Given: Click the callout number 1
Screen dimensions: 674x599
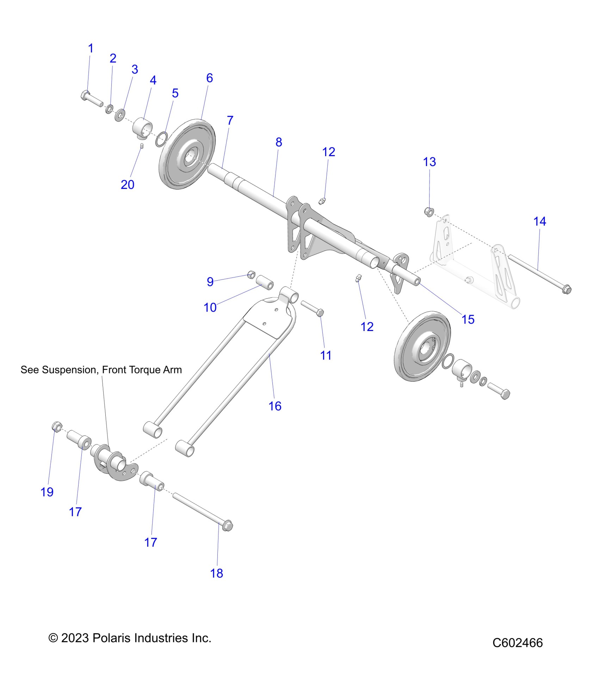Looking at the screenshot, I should coord(91,49).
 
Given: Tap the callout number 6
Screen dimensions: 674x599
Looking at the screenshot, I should coord(209,78).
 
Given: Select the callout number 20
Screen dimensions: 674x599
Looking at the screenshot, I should coord(128,185).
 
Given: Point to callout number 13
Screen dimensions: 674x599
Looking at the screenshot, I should coord(430,162).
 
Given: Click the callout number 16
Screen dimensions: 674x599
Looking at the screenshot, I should coord(275,406).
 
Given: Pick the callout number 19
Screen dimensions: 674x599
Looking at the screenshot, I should coord(47,492).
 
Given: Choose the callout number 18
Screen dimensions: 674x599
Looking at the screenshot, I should coord(217,574).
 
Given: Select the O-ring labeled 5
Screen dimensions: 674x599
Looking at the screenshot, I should coord(161,139).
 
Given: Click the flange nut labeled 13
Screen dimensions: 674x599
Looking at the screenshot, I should coord(429,212).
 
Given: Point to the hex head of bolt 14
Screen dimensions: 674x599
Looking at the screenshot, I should coord(566,290).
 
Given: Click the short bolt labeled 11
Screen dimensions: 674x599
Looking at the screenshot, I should coord(312,308).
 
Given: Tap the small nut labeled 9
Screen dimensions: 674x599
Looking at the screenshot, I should coord(252,275).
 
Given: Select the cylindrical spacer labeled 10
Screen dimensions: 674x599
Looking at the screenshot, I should coord(265,282).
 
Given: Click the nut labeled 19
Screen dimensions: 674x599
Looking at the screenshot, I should coord(57,427).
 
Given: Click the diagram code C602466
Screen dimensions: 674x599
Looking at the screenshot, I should coord(517,643).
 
